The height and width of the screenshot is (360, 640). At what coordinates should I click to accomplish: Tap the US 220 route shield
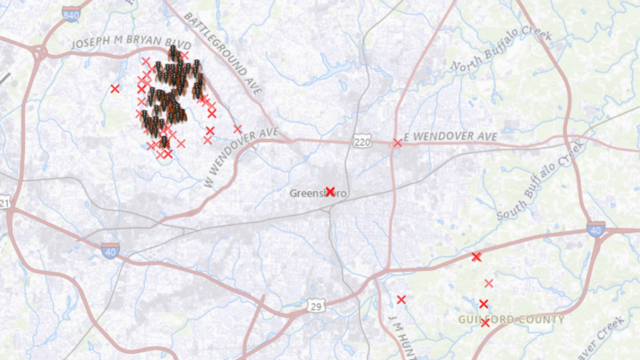click(x=362, y=142)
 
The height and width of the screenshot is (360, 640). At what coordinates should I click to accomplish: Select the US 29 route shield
click(x=316, y=306)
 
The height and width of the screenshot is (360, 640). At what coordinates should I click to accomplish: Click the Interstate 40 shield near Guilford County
click(x=596, y=230)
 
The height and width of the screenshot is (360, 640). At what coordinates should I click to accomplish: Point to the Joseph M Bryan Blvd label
click(x=131, y=42)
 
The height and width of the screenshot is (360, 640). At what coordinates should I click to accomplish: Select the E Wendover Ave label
click(x=450, y=136)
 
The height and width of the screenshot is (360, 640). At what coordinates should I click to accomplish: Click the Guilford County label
click(x=511, y=319)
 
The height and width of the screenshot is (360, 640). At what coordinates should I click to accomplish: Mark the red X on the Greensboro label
click(x=330, y=191)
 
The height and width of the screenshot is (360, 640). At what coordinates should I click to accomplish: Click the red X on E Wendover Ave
click(x=397, y=143)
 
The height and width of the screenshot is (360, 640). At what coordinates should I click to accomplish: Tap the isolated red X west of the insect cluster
click(x=115, y=89)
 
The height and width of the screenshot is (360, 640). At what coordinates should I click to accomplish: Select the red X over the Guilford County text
click(x=485, y=323)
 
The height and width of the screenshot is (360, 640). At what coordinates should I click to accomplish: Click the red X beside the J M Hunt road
click(x=401, y=300)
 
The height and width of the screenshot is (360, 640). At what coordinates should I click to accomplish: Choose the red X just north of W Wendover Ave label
click(x=237, y=129)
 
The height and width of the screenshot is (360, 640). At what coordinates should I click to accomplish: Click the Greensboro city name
click(x=318, y=193)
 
